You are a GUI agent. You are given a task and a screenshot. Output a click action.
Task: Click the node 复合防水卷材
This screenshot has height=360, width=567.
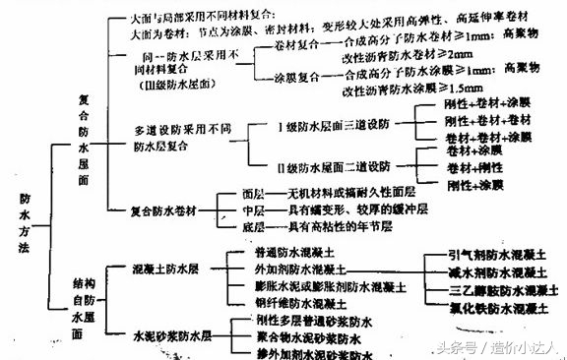point(163,210)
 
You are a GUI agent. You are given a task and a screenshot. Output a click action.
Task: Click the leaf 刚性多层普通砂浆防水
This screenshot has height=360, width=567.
point(296,320)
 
